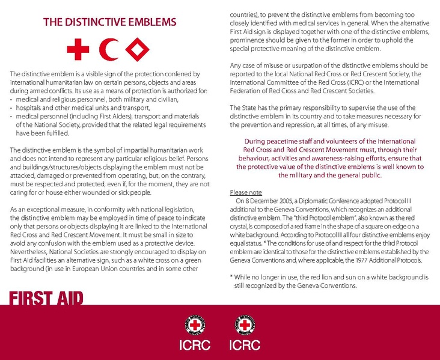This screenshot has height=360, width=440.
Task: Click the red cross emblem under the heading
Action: pyautogui.click(x=78, y=49)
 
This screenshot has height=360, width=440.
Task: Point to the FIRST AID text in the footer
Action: pyautogui.click(x=46, y=299)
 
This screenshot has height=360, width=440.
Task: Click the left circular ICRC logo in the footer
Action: pyautogui.click(x=194, y=325)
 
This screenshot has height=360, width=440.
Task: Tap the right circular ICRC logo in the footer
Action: pyautogui.click(x=245, y=325)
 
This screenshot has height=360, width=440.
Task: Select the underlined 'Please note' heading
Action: pyautogui.click(x=246, y=192)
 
